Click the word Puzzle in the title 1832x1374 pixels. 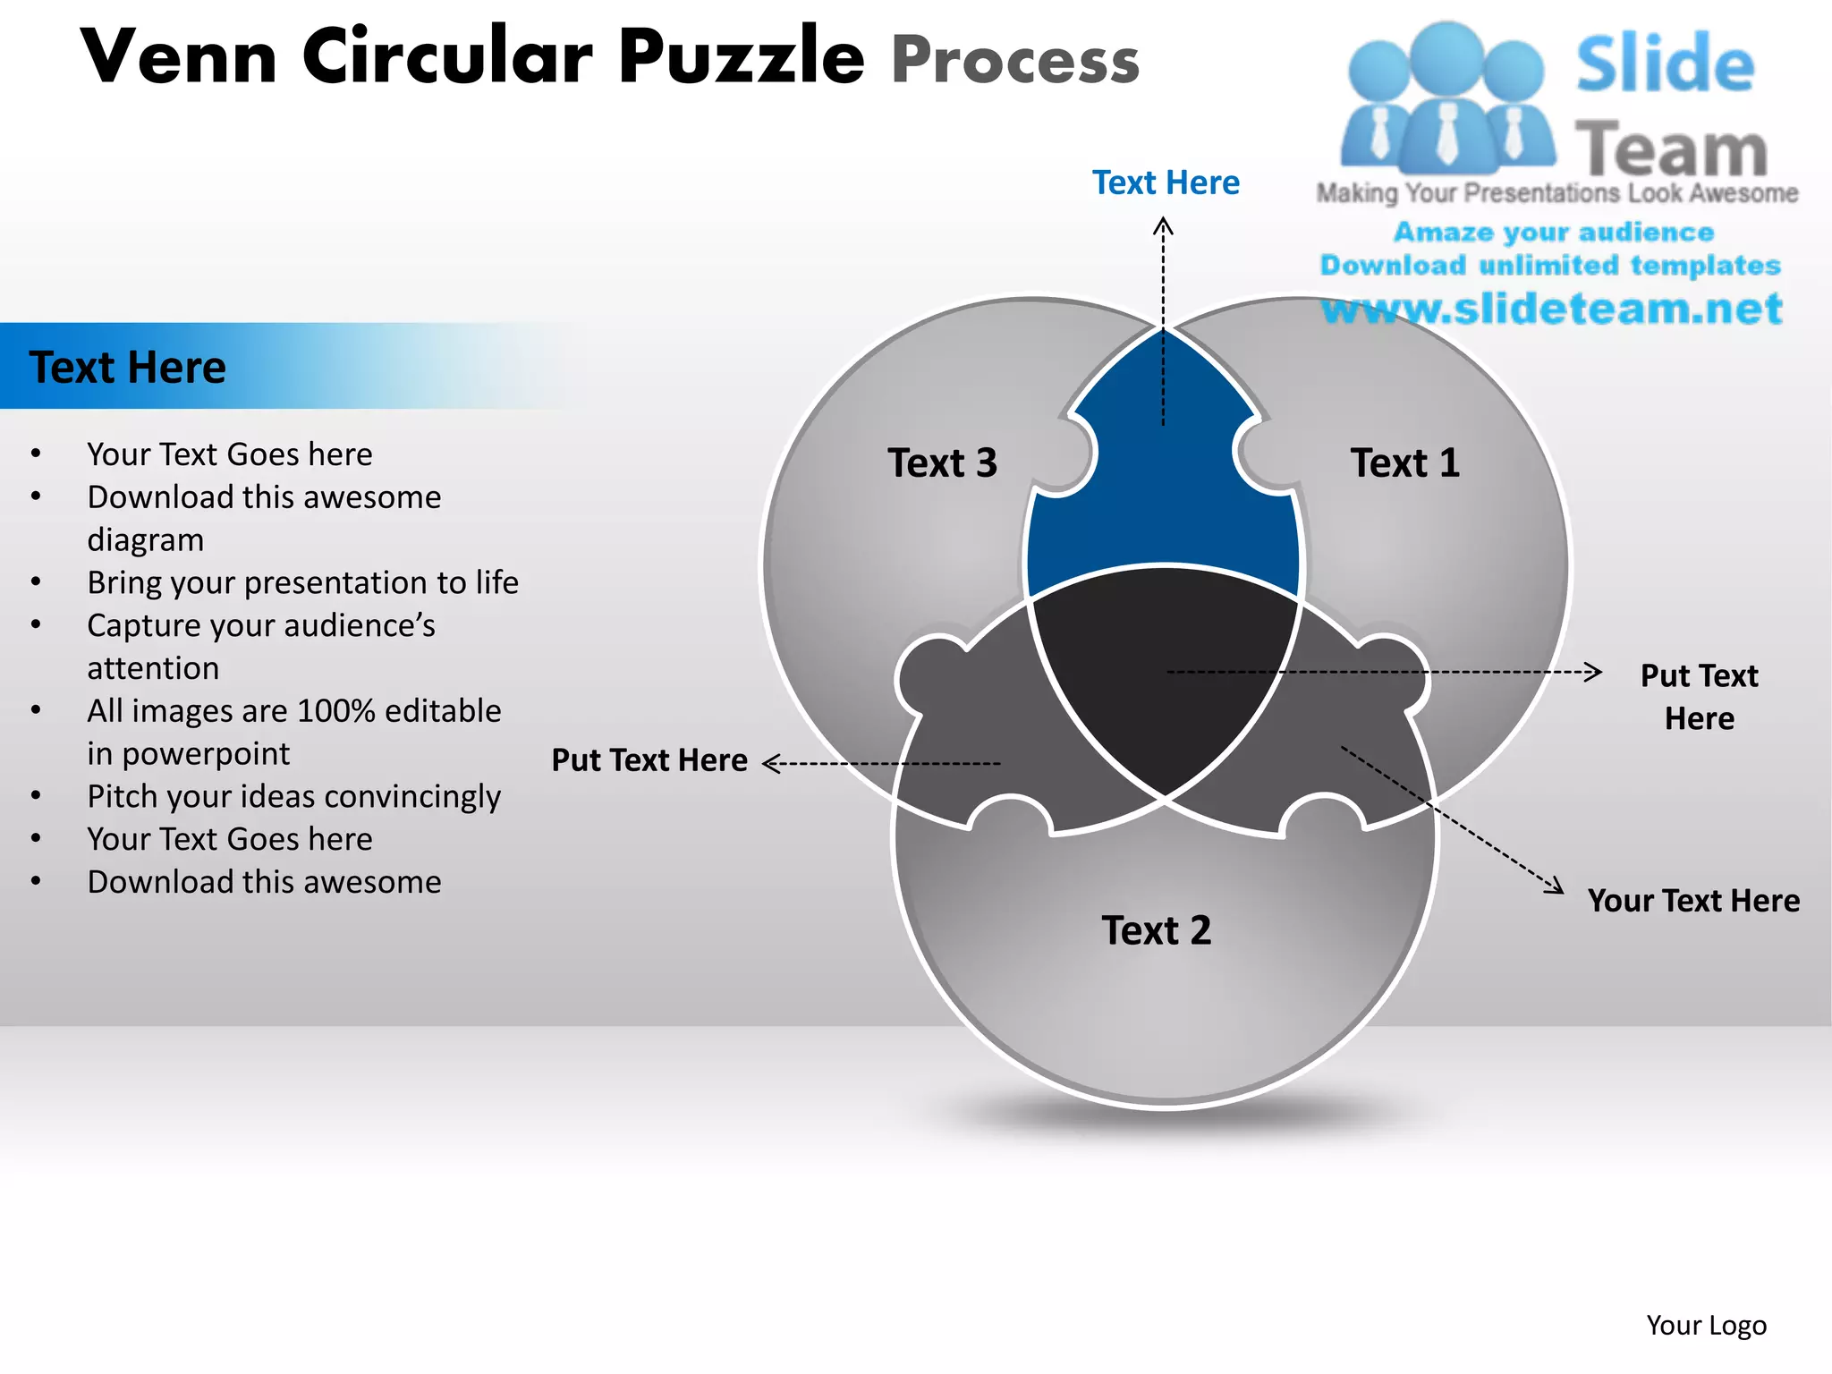point(741,57)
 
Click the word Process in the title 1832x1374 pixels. point(1015,61)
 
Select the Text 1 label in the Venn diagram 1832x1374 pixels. point(1404,463)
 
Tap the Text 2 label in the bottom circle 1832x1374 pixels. point(1156,931)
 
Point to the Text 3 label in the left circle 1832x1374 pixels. point(942,463)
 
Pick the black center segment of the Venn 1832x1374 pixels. point(1163,671)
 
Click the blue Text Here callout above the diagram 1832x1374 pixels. point(1166,183)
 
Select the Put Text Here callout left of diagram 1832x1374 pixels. point(649,760)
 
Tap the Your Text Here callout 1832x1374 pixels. point(1693,901)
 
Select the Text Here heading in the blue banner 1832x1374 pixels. point(128,368)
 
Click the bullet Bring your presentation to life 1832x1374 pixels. point(302,583)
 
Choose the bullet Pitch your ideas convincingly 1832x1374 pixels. point(293,797)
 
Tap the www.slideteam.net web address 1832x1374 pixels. point(1552,309)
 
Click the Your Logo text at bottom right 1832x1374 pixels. point(1706,1326)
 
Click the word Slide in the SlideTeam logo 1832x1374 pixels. point(1664,64)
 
